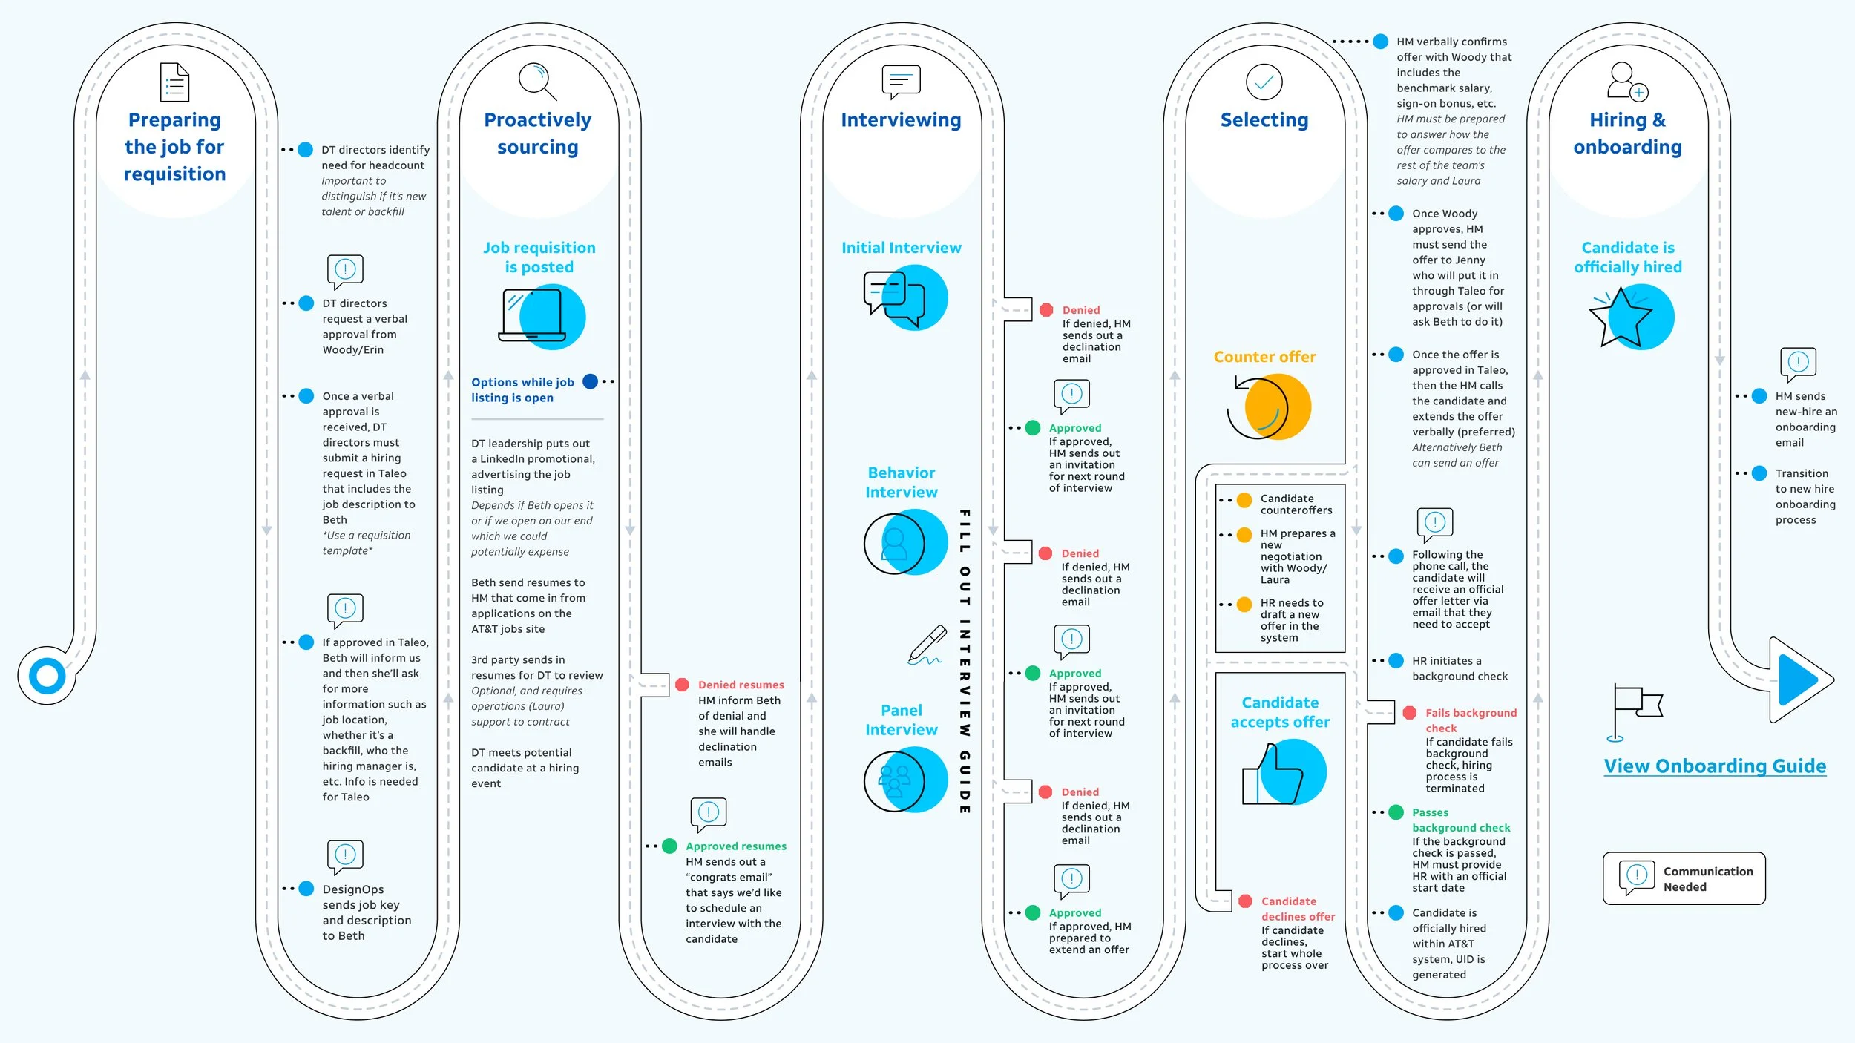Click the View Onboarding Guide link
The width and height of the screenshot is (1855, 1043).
tap(1715, 766)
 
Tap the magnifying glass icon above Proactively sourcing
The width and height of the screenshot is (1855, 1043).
tap(537, 82)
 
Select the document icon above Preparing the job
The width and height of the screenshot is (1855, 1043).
tap(175, 82)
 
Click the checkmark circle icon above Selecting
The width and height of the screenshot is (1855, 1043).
tap(1264, 82)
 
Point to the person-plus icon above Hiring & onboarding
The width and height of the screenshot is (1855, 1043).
tap(1627, 82)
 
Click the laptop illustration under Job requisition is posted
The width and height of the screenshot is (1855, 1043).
tap(542, 317)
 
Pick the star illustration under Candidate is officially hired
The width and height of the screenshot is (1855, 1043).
tap(1632, 317)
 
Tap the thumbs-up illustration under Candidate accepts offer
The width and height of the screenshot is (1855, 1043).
tap(1284, 772)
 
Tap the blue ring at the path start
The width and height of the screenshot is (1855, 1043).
tap(47, 676)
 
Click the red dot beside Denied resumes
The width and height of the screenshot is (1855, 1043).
tap(682, 685)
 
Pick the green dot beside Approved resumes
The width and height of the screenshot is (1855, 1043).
tap(669, 846)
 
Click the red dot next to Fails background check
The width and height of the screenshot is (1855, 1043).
tap(1410, 713)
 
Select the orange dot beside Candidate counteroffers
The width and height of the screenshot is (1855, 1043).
tap(1245, 500)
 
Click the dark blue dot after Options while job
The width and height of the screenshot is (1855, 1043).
tap(591, 381)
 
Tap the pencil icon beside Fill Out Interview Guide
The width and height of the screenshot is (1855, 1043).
tap(927, 645)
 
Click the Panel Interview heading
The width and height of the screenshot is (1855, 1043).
tap(902, 720)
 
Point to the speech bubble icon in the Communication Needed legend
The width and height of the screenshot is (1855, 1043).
tap(1637, 878)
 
